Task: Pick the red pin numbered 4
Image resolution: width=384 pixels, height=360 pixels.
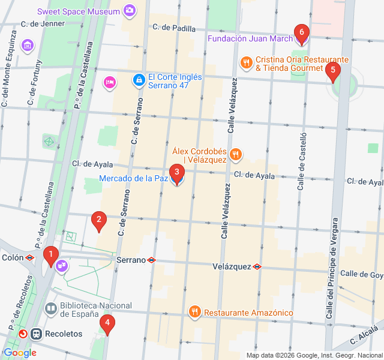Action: pos(107,325)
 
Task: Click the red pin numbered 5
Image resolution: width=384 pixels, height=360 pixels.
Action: pos(332,71)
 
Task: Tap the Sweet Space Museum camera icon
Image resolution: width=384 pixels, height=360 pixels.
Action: pos(129,10)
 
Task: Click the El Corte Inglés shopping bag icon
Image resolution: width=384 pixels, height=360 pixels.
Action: pos(139,79)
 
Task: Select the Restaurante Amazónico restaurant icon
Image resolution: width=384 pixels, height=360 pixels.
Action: pos(194,312)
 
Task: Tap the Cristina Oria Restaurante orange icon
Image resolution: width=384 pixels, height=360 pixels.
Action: pos(246,62)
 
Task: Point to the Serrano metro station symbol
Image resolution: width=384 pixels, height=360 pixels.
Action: pos(152,260)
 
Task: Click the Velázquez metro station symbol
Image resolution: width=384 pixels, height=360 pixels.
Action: pos(257,266)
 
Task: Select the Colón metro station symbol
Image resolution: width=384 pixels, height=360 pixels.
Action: pos(29,257)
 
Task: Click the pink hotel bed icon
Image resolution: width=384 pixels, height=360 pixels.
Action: pos(110,82)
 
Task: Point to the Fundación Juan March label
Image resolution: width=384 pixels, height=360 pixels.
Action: pos(250,39)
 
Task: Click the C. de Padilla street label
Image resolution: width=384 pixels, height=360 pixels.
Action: pos(174,27)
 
